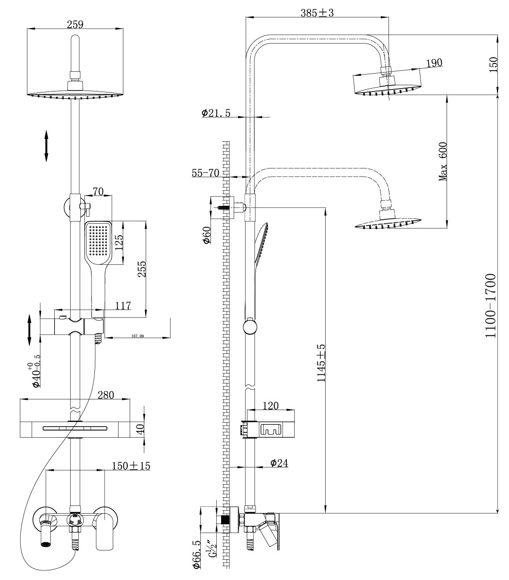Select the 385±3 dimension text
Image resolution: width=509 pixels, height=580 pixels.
pyautogui.click(x=317, y=13)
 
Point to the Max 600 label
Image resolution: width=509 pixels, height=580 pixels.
pyautogui.click(x=443, y=162)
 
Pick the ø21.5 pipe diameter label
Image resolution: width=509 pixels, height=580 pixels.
pyautogui.click(x=216, y=113)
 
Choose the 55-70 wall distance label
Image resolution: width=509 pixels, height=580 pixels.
pyautogui.click(x=205, y=173)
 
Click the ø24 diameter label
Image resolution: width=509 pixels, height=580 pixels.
pyautogui.click(x=279, y=463)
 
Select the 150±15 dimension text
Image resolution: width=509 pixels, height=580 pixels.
pyautogui.click(x=131, y=465)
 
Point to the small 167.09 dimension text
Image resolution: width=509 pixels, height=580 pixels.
pyautogui.click(x=138, y=336)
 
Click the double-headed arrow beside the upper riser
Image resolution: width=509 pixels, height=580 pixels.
pyautogui.click(x=46, y=145)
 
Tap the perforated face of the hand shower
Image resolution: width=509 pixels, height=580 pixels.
pyautogui.click(x=98, y=242)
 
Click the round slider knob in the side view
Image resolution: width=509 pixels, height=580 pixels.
pyautogui.click(x=250, y=327)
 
